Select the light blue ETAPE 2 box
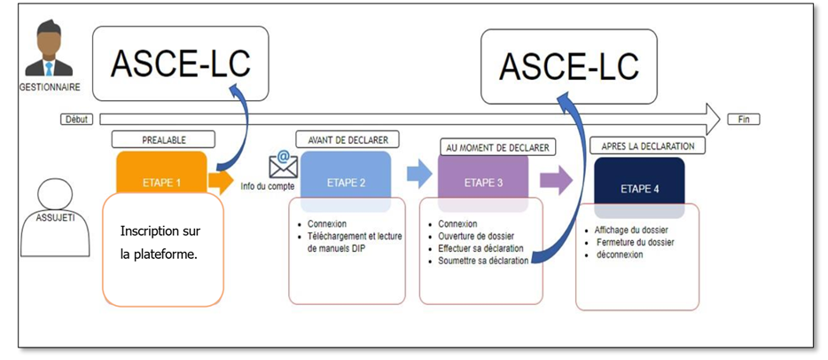(x=345, y=182)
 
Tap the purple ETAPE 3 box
(x=483, y=183)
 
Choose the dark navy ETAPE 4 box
(x=639, y=187)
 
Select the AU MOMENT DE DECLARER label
(x=494, y=147)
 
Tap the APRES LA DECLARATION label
(x=647, y=145)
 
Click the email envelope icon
(x=283, y=164)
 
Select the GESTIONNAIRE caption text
(x=49, y=87)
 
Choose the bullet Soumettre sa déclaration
(x=483, y=261)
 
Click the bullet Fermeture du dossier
(x=634, y=242)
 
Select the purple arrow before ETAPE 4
(x=555, y=181)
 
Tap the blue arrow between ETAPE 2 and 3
(x=418, y=174)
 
